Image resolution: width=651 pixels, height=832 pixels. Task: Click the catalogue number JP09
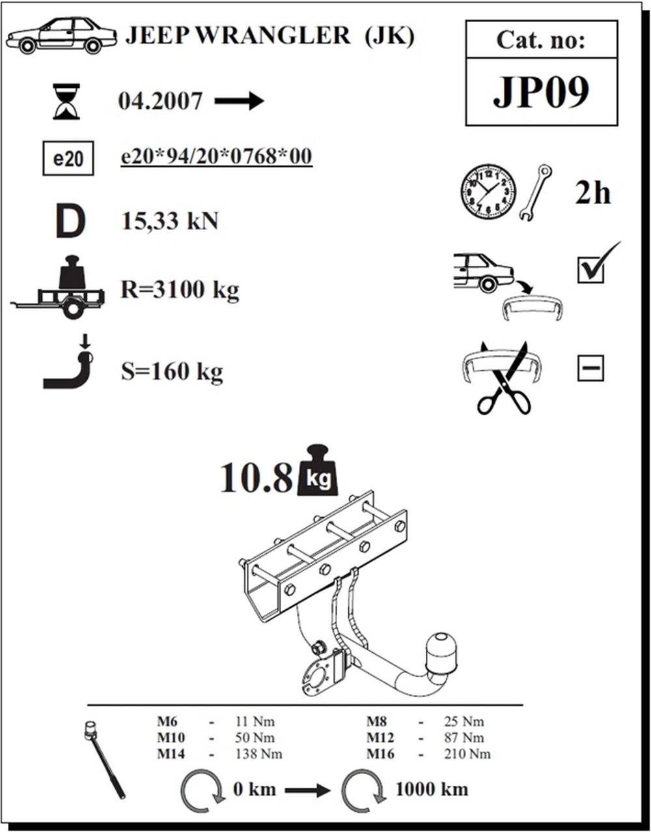coord(541,92)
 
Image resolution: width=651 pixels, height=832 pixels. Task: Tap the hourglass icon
coord(66,101)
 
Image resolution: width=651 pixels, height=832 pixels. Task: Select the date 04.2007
coord(161,101)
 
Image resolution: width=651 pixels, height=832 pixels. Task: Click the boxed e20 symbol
coord(68,159)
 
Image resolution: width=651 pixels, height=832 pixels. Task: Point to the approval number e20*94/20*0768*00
coord(216,157)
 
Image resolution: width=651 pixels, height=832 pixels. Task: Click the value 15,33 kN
coord(170,222)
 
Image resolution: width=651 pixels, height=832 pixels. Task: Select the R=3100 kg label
coord(180,289)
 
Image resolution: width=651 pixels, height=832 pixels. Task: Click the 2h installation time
coord(592,193)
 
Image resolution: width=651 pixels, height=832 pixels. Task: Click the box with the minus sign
coord(590,369)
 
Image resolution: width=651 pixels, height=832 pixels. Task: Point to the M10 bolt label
coord(171,738)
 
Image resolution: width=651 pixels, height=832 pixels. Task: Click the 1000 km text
coord(432,789)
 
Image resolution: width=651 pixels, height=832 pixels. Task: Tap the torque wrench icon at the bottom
coord(104,759)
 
